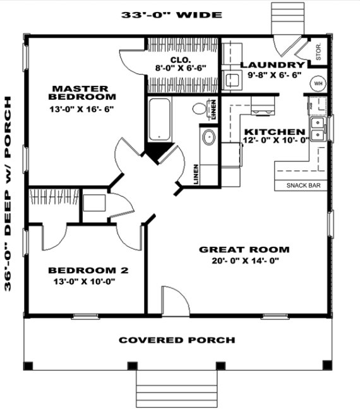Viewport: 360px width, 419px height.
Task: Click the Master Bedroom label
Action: pos(83,93)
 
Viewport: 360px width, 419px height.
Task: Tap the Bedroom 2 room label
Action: pos(88,271)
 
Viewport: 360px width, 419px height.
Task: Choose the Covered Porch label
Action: pos(177,340)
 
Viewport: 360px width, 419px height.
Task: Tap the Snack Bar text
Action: pos(303,186)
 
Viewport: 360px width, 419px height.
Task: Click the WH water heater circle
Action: pos(318,83)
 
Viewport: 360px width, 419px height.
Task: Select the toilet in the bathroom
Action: pos(201,108)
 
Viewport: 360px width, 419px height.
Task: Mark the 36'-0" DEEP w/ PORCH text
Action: pos(9,193)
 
